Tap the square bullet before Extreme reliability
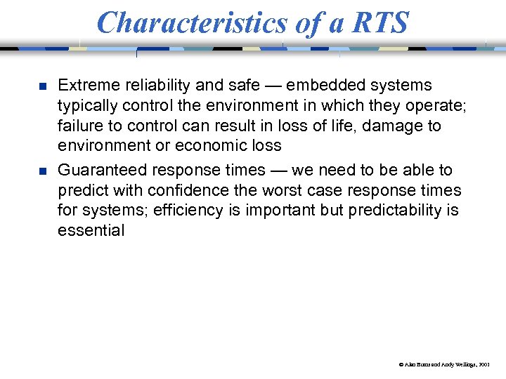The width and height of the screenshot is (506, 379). pos(42,87)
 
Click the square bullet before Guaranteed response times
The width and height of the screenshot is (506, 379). pos(42,171)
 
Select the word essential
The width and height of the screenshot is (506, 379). pos(91,231)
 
